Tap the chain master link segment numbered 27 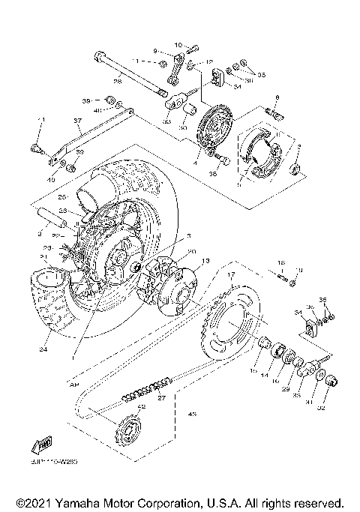click(x=146, y=389)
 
